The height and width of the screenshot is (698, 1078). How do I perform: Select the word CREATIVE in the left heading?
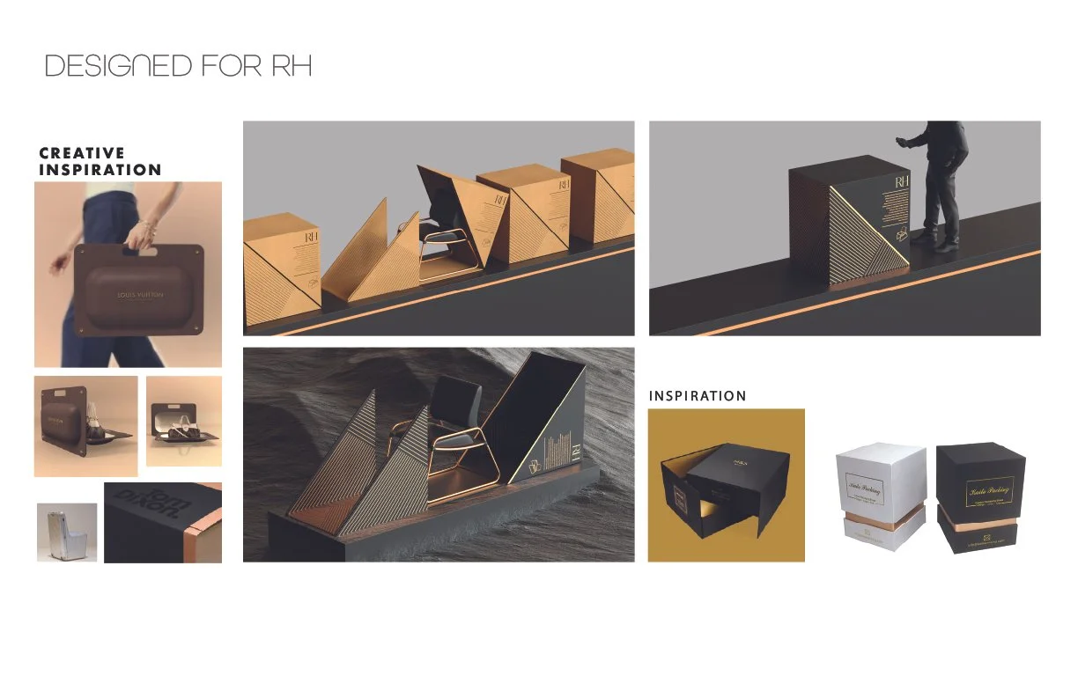(82, 153)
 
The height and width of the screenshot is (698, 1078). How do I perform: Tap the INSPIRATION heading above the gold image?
(698, 396)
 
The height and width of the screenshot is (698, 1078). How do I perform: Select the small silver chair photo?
(67, 532)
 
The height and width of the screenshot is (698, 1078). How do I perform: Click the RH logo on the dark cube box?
(901, 182)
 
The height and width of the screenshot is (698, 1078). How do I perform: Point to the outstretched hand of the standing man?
(900, 141)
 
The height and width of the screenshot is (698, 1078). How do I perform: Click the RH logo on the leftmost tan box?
(310, 238)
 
